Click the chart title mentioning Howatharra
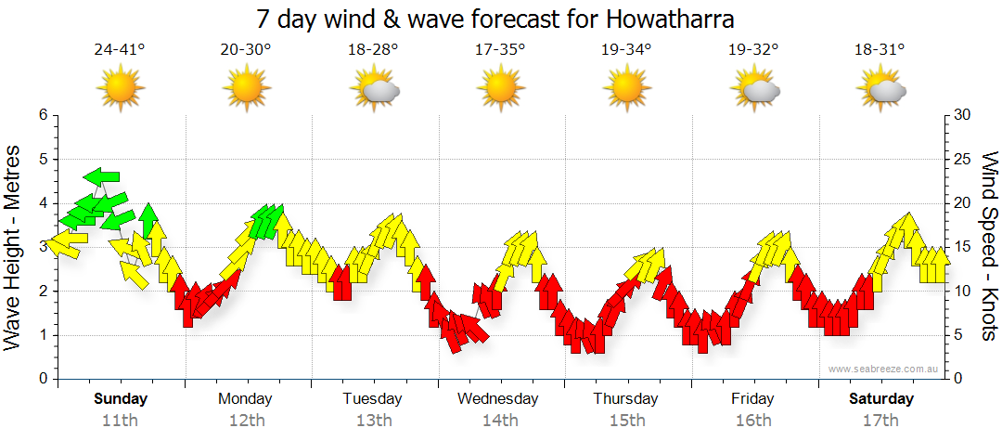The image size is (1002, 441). [x=501, y=19]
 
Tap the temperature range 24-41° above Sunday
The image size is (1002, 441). [x=120, y=50]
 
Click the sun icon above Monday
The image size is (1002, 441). [x=246, y=89]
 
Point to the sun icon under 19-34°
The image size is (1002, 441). [x=626, y=89]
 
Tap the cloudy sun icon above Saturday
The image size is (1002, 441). [x=881, y=89]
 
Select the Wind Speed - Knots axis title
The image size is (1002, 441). [x=988, y=247]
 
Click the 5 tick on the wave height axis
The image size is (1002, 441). [x=43, y=159]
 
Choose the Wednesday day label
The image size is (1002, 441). [x=498, y=399]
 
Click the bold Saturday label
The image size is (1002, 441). [x=881, y=399]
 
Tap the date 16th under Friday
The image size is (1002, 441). [x=752, y=420]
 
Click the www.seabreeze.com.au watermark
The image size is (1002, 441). [x=884, y=369]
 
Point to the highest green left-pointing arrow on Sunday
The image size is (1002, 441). [x=101, y=176]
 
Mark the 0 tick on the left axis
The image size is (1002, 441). [x=43, y=379]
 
